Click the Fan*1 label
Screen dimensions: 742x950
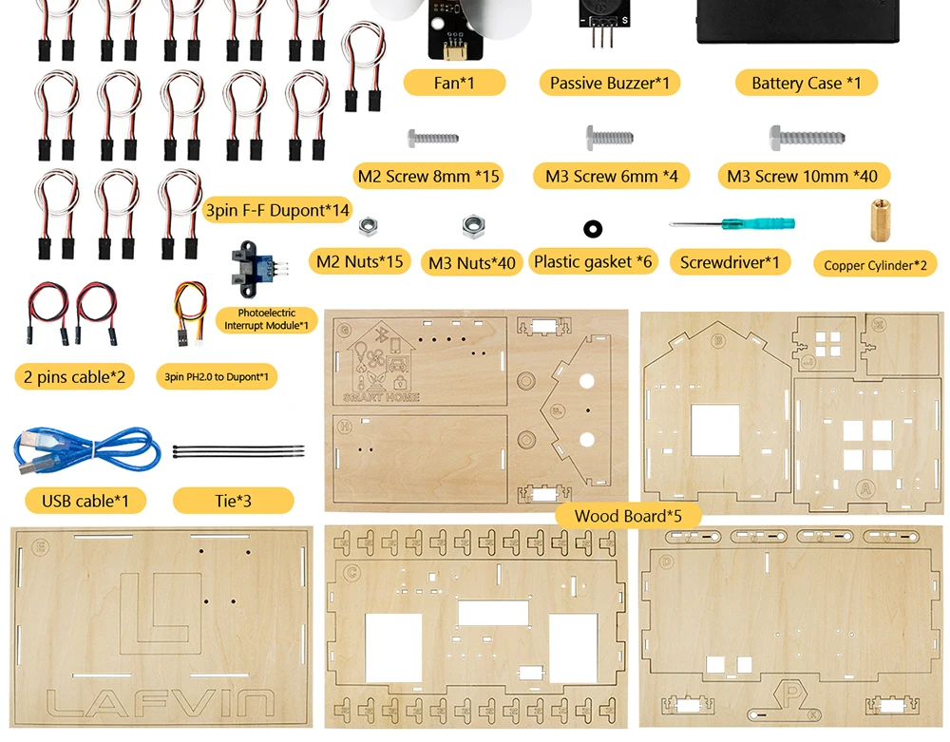click(454, 83)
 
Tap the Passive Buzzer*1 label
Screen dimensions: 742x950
click(609, 83)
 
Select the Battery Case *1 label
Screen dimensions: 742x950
click(806, 83)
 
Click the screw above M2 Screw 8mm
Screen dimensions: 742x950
click(433, 138)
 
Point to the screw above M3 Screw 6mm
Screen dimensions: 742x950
click(609, 136)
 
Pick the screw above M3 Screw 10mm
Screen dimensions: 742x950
click(807, 136)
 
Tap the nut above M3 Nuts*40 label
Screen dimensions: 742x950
click(472, 226)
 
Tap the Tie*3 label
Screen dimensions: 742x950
click(233, 500)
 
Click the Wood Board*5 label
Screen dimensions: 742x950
click(627, 516)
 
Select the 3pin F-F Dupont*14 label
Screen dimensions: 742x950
click(277, 210)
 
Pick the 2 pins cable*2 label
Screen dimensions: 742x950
click(74, 376)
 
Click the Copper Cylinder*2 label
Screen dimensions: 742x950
click(874, 265)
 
